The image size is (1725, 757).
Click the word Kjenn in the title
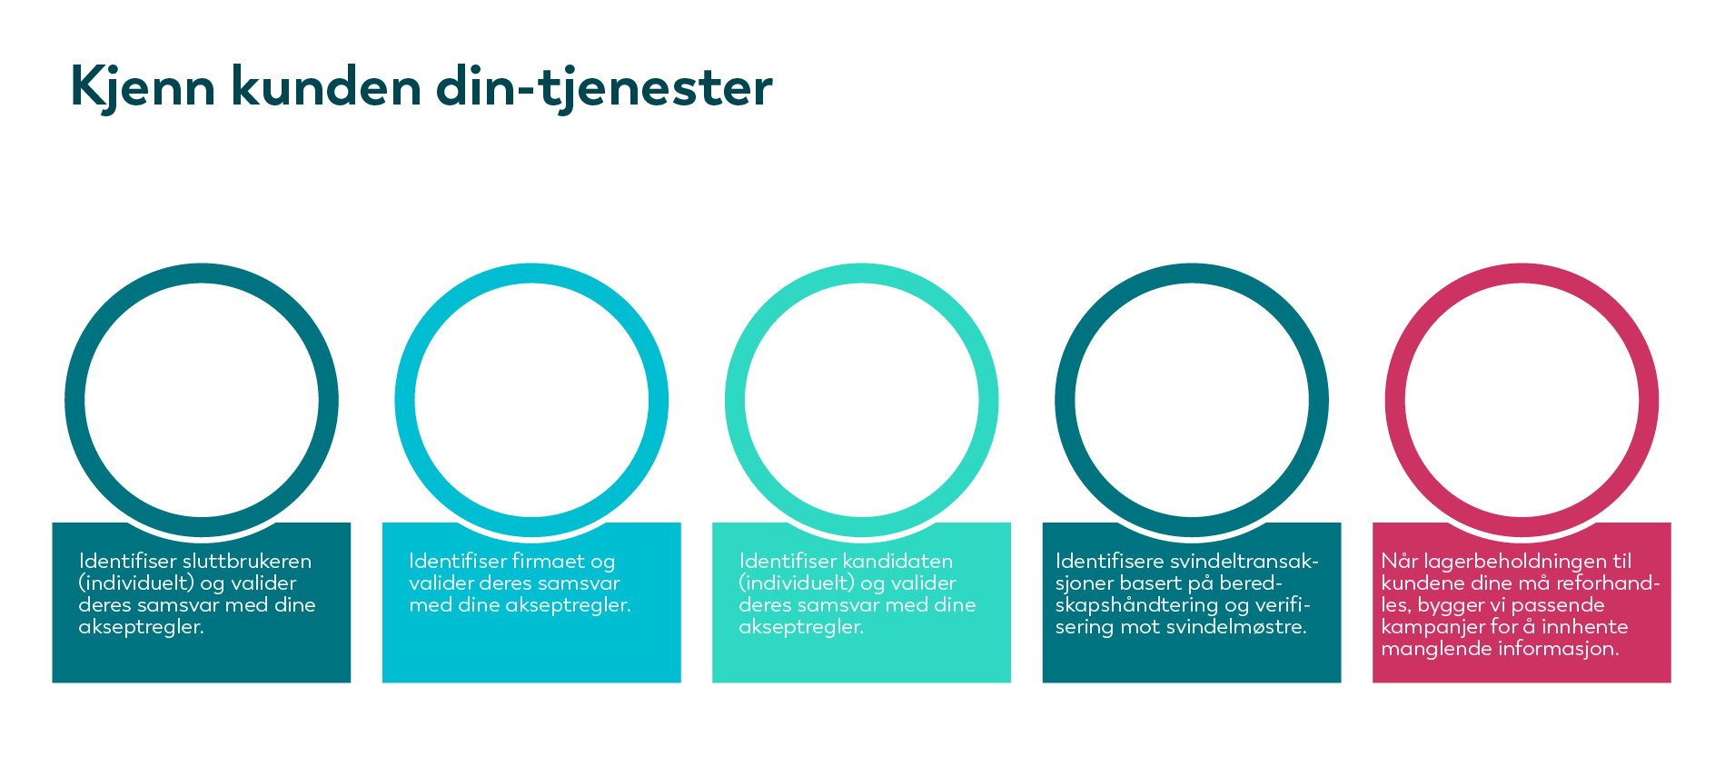point(143,88)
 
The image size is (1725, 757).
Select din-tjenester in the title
point(604,88)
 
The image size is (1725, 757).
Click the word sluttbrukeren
point(247,561)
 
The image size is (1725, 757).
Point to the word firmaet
point(548,561)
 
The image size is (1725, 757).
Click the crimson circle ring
point(1394,400)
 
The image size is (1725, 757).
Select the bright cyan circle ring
point(404,400)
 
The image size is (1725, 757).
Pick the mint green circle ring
point(735,400)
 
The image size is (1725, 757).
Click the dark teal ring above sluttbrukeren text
point(74,400)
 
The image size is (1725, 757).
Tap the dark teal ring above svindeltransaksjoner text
point(1065,400)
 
